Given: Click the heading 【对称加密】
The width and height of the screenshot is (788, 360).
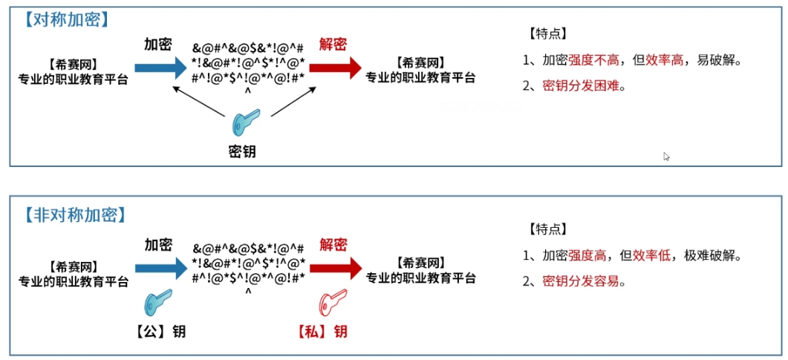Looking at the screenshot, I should click(x=67, y=19).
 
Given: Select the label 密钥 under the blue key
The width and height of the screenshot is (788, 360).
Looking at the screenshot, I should click(x=242, y=152).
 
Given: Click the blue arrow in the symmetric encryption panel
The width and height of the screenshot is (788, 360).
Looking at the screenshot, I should click(x=159, y=68).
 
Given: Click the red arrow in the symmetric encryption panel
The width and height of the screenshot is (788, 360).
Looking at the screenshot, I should click(x=334, y=68).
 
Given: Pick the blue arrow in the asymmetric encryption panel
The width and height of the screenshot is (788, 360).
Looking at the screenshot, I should click(x=159, y=268).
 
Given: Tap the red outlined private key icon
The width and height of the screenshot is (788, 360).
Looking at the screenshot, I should click(x=331, y=302).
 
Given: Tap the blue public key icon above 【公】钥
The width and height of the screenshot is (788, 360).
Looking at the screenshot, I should click(x=159, y=302).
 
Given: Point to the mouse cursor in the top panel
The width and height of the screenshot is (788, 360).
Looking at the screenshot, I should click(x=666, y=157).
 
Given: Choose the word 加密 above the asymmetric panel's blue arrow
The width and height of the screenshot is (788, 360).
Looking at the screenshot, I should click(x=158, y=244).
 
